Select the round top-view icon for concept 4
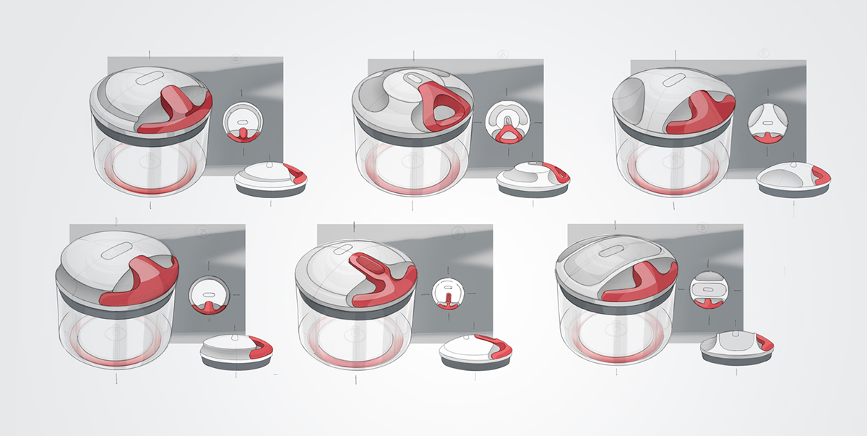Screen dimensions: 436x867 click(448, 296)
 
